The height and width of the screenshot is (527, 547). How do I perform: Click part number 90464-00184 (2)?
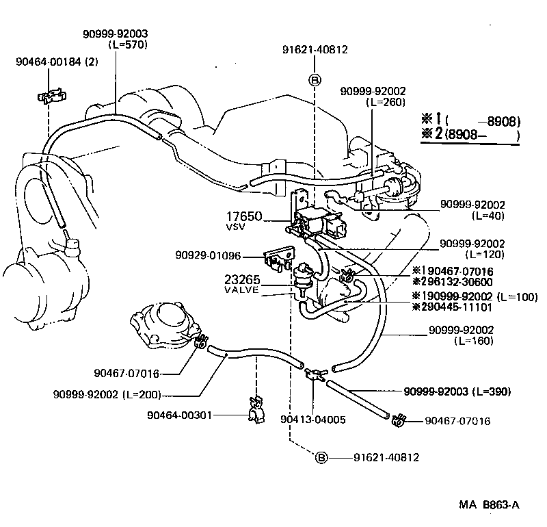pyautogui.click(x=57, y=62)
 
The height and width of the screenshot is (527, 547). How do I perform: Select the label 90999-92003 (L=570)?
pyautogui.click(x=115, y=38)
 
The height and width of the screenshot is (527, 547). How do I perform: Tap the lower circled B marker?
pyautogui.click(x=321, y=457)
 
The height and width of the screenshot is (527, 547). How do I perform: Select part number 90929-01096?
pyautogui.click(x=212, y=256)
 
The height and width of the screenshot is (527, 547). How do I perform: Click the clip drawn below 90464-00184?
pyautogui.click(x=50, y=95)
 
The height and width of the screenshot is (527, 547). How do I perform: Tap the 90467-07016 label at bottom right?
pyautogui.click(x=457, y=421)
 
